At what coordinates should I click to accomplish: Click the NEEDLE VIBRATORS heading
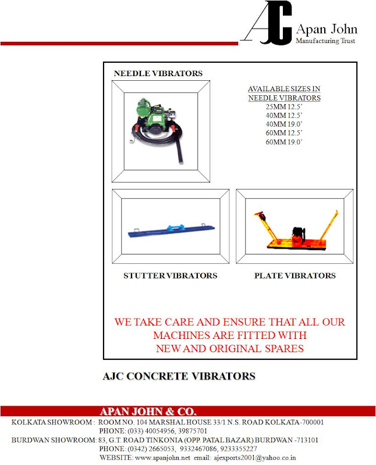coord(158,74)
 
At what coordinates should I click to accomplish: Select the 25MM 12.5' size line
coord(284,107)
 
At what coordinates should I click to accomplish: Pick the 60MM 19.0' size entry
coord(284,142)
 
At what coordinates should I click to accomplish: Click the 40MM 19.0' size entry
coord(284,124)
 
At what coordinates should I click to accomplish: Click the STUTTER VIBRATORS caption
coord(171,276)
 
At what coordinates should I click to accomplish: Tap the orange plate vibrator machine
coord(295,233)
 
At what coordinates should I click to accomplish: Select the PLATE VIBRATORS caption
coord(295,276)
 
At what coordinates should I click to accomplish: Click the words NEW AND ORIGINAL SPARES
coord(230,349)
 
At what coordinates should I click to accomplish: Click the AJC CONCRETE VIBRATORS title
coord(179,377)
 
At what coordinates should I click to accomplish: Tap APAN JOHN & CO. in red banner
coord(148,411)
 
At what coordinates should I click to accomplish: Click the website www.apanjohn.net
coord(154,457)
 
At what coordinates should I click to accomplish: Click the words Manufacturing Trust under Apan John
coord(325,41)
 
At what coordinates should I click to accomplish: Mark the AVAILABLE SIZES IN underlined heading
coord(284,89)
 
